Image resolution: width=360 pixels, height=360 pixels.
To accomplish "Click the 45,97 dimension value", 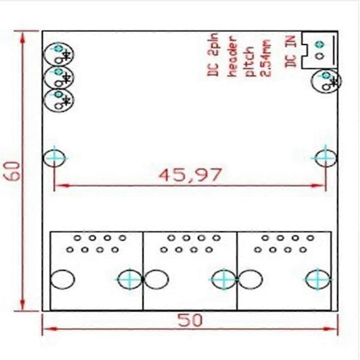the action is [x=190, y=175].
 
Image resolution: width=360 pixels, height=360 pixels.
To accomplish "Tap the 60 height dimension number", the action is [x=12, y=171].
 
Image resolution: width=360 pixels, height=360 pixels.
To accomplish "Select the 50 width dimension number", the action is [x=190, y=320].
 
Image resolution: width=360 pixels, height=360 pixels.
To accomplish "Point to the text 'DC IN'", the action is [x=290, y=52].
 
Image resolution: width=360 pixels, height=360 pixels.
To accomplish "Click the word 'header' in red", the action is [x=233, y=56].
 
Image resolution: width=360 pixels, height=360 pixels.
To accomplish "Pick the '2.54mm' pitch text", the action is [x=265, y=58].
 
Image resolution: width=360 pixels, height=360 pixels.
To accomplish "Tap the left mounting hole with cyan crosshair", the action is [x=55, y=158].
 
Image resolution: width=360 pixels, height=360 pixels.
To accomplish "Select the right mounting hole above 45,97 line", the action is [x=325, y=158].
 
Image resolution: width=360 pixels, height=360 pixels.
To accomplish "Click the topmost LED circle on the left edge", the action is [x=59, y=55].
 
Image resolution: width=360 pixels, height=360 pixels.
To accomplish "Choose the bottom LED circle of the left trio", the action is [x=59, y=100].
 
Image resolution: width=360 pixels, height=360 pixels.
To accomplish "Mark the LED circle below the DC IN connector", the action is [x=326, y=81].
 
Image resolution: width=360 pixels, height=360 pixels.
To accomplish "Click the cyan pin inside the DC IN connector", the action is [x=320, y=44].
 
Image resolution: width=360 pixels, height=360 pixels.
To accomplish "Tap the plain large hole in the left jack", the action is [x=62, y=280].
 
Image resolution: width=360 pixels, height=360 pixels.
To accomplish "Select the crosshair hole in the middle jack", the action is [x=224, y=280].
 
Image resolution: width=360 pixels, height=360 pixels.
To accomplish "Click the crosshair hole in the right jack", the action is [x=318, y=280].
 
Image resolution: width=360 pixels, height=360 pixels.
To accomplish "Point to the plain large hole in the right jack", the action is [x=250, y=280].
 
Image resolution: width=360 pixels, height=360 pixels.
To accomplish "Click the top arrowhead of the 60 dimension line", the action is [x=23, y=37].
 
